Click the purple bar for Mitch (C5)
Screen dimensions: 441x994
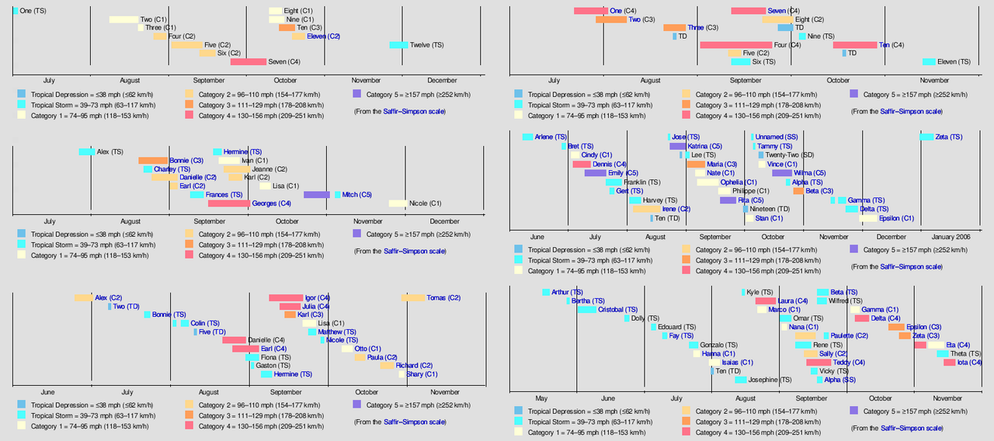317,195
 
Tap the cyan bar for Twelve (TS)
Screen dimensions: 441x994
398,45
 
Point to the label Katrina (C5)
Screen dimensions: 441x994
704,146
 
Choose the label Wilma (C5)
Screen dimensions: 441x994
809,173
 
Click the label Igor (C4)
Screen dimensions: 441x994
317,297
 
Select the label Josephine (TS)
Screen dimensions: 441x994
770,380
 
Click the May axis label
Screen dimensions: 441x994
541,398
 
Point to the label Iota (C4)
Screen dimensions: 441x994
968,363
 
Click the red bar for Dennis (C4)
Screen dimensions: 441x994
582,165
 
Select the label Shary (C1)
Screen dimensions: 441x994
422,374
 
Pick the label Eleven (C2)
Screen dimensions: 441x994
323,36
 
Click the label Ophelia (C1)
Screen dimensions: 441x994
739,182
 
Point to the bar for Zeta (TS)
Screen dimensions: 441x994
926,137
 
